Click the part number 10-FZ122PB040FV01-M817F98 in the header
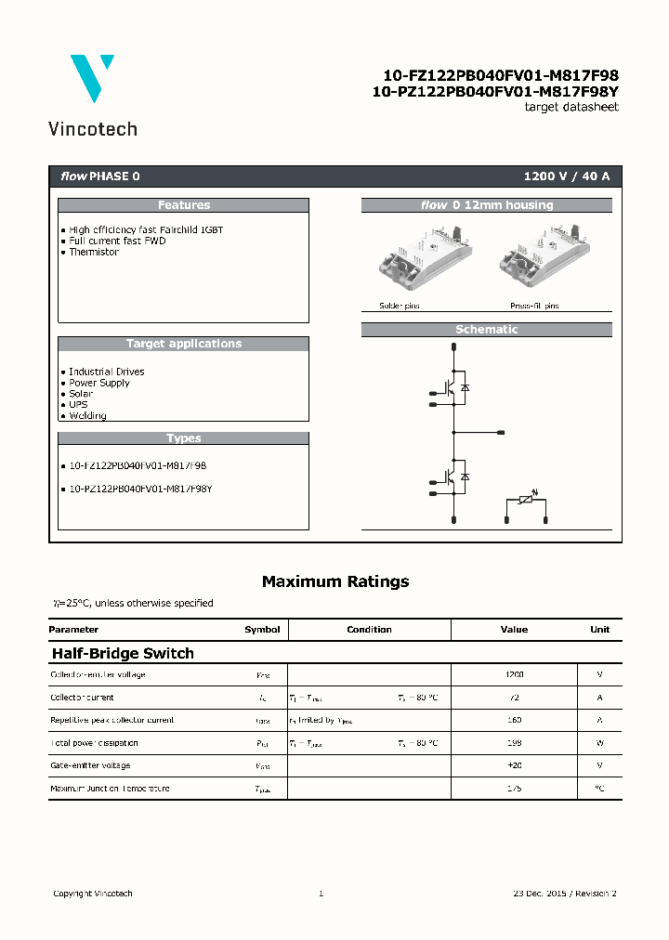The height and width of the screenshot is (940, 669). (x=501, y=75)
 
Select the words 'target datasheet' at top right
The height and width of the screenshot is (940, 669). (x=571, y=107)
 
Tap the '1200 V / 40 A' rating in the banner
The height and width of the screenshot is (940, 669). (x=567, y=176)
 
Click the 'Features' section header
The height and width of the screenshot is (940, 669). (x=183, y=205)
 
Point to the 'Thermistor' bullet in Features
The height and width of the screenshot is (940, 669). (x=94, y=252)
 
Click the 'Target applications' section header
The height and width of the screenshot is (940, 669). (x=183, y=344)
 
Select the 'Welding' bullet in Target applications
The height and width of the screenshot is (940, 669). (x=87, y=416)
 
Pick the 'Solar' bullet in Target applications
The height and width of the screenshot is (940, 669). (x=81, y=394)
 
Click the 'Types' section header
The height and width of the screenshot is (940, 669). (x=183, y=438)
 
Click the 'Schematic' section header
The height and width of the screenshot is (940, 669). (x=486, y=330)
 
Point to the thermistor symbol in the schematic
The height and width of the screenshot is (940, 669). (x=526, y=502)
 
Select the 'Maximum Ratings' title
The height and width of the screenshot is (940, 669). (x=334, y=581)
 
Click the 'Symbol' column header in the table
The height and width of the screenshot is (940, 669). (x=262, y=630)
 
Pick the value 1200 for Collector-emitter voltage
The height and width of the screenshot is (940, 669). (x=514, y=675)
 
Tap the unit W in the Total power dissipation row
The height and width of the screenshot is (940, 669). (x=599, y=743)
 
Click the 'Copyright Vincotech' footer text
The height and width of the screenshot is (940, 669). (x=93, y=894)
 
